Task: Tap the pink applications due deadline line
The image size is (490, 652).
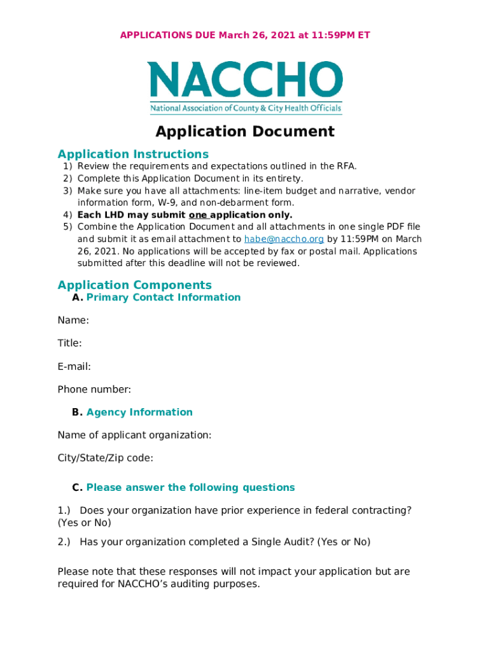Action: [245, 35]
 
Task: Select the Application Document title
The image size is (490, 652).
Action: [245, 132]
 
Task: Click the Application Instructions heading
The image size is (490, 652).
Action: [133, 154]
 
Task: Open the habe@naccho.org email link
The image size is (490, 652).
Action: [284, 239]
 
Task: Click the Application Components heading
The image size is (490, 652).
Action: [134, 285]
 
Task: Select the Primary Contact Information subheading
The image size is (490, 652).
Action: [164, 297]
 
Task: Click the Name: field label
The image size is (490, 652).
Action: [73, 320]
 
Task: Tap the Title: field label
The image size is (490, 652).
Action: [69, 343]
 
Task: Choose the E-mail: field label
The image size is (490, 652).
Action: [74, 366]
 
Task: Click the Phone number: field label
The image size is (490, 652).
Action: [94, 389]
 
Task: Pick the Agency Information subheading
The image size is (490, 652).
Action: [139, 412]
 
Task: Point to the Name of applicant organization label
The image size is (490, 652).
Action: [134, 435]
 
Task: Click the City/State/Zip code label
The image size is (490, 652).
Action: [105, 458]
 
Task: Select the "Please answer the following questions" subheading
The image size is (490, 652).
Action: [190, 488]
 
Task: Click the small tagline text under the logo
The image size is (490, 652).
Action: [246, 109]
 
